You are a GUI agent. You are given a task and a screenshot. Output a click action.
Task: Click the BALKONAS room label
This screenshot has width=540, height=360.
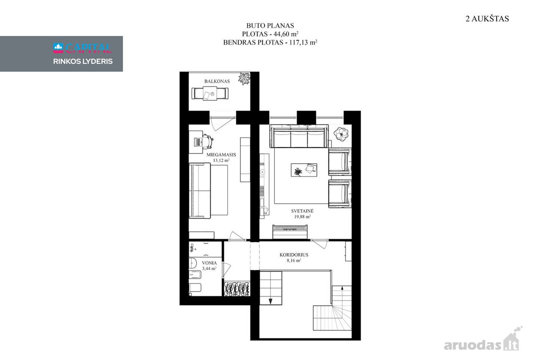click(x=217, y=81)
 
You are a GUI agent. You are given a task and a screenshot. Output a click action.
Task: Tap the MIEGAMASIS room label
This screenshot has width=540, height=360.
click(x=221, y=155)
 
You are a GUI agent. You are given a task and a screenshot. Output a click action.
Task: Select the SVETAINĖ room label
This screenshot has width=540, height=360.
click(x=302, y=211)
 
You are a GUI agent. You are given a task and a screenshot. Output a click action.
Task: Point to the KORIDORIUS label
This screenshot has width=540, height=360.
click(x=294, y=255)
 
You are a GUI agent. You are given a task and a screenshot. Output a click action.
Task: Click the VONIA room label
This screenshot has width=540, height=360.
click(x=209, y=263)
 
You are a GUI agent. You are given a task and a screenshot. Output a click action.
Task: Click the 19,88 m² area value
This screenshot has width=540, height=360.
click(x=302, y=216)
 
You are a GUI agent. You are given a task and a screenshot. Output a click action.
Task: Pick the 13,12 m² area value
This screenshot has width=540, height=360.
click(x=221, y=160)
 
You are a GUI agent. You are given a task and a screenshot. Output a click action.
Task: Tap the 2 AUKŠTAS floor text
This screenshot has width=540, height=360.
click(x=487, y=19)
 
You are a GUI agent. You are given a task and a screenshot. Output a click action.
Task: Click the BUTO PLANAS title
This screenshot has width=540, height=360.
click(x=270, y=26)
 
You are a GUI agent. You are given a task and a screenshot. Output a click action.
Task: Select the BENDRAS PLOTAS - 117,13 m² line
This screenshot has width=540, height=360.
click(x=270, y=42)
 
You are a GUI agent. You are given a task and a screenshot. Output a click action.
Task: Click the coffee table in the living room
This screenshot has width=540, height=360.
click(x=304, y=170)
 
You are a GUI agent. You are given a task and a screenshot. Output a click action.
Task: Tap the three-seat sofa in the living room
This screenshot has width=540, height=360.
click(x=299, y=136)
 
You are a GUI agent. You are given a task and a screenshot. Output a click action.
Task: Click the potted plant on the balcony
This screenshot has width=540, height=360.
click(x=244, y=79)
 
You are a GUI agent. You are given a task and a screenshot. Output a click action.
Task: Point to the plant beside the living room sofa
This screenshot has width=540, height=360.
click(x=341, y=134)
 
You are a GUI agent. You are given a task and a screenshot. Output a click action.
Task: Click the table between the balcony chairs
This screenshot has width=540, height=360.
click(x=210, y=93)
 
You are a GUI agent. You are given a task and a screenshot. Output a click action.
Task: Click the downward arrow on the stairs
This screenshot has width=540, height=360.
click(x=270, y=301)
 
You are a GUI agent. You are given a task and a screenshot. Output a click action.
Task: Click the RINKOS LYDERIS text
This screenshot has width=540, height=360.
click(x=83, y=62)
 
